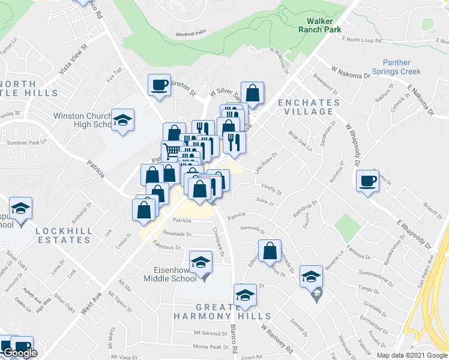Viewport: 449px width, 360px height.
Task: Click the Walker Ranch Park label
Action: click(x=321, y=24)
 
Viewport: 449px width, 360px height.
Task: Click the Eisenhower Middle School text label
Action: click(x=170, y=274)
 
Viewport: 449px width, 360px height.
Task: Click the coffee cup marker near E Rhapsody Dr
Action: click(x=367, y=181)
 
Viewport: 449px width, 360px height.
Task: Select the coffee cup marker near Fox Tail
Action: click(x=160, y=85)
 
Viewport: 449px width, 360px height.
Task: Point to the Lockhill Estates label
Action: click(x=62, y=235)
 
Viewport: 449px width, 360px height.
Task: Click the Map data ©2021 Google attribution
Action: click(x=411, y=355)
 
